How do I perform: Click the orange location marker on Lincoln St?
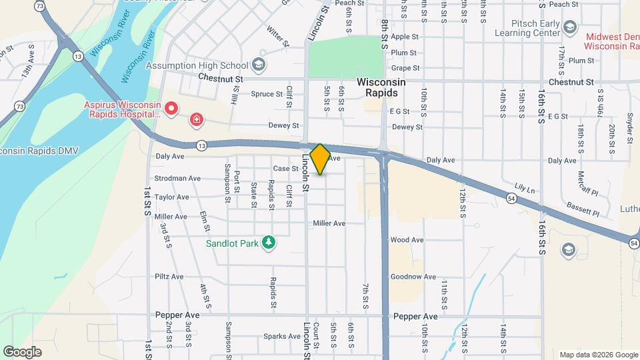coord(320,159)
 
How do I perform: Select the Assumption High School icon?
coord(259,65)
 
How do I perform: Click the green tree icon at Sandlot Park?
coord(269,243)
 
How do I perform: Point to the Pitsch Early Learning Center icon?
coord(569,27)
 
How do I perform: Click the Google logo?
coord(22,352)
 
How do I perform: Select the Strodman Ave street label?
coord(177,178)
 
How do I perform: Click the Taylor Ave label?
coord(172,197)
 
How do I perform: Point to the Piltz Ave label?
coord(169,276)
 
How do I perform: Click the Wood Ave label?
coord(407,240)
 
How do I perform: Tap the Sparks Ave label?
coord(279,336)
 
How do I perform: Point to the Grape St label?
coord(405,68)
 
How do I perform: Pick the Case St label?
coord(285,169)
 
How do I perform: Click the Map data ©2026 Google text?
coord(599,355)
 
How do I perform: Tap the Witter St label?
coord(277,37)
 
